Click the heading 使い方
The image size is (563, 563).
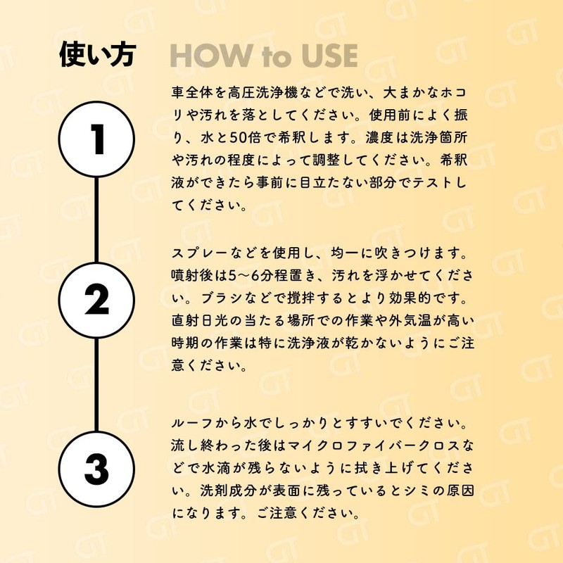(98, 55)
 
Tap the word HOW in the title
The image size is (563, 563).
(211, 56)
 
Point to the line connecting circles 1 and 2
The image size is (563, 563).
(96, 220)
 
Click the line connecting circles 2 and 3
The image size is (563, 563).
(96, 384)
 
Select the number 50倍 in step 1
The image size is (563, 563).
(244, 138)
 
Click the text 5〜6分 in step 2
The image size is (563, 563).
(251, 276)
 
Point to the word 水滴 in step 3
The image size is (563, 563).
(215, 468)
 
